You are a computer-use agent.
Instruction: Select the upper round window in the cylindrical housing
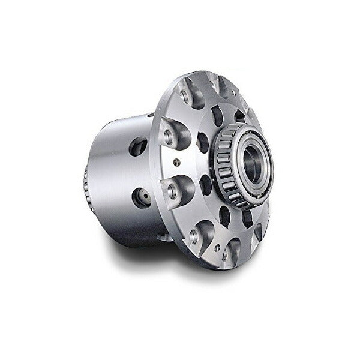pyautogui.click(x=137, y=146)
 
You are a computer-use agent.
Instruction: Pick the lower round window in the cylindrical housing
pyautogui.click(x=142, y=197)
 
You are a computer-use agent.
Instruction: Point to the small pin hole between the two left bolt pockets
pyautogui.click(x=176, y=162)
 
